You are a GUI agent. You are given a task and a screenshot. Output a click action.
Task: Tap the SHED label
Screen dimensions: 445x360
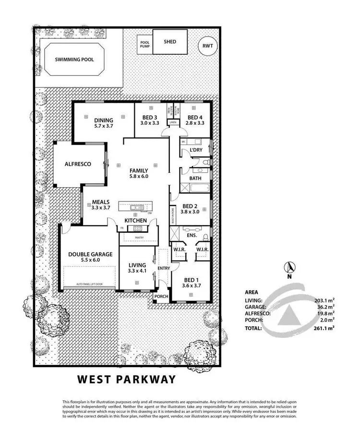[x=169, y=42]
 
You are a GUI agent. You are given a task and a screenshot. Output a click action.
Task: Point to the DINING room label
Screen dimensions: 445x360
[x=104, y=120]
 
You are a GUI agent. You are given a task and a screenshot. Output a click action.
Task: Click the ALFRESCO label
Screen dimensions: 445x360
[x=78, y=164]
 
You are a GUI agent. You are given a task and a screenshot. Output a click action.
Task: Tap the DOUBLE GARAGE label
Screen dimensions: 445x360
[x=90, y=254]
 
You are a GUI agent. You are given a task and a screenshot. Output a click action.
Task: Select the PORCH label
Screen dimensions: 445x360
[x=161, y=296]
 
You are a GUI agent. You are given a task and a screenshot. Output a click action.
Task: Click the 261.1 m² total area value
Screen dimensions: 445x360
[x=324, y=329]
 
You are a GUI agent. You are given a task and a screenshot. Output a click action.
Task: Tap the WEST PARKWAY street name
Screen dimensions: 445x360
[x=127, y=379]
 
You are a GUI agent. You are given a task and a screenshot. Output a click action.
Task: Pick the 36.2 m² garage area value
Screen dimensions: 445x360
[x=325, y=307]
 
